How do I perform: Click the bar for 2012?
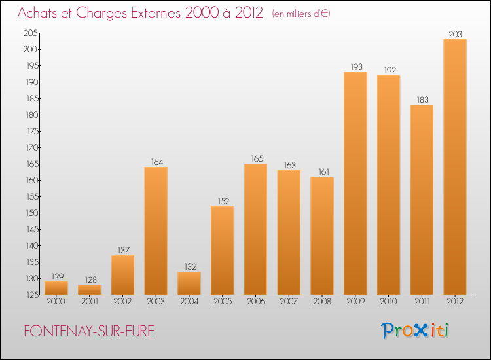click(455, 167)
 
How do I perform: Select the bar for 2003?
click(156, 230)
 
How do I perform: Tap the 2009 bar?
click(355, 183)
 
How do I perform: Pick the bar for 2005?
click(223, 250)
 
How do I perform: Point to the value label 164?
click(156, 162)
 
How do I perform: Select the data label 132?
click(189, 266)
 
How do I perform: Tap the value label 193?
click(355, 67)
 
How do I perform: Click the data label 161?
click(322, 171)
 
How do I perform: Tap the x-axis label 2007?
click(289, 302)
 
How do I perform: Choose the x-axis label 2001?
click(90, 302)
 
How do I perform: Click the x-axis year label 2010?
click(388, 302)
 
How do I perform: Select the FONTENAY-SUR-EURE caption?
click(89, 331)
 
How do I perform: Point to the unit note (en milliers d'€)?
click(300, 14)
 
